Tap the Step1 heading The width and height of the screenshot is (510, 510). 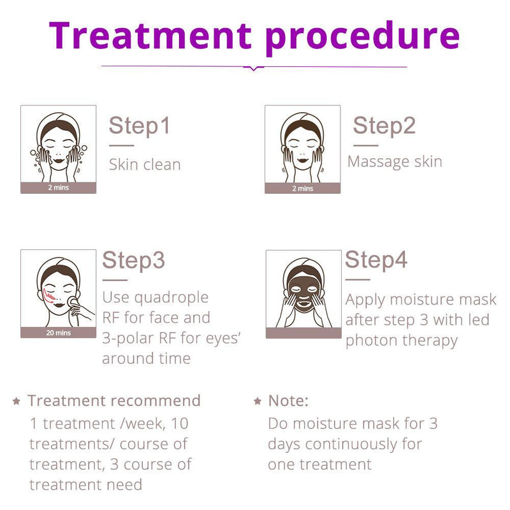tap(139, 126)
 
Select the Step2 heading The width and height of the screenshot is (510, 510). tap(384, 126)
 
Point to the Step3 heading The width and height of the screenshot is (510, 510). tap(133, 260)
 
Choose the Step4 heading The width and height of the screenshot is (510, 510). tap(376, 260)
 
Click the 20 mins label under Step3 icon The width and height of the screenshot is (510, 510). tap(58, 333)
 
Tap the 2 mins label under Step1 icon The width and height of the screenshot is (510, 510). tap(58, 188)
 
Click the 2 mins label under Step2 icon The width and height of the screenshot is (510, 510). tap(302, 188)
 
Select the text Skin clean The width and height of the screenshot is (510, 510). tap(145, 164)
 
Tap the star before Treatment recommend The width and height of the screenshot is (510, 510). tap(17, 402)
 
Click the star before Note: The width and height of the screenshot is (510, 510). tap(258, 402)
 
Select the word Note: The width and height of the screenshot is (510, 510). tap(288, 401)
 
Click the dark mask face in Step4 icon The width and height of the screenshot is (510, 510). tap(303, 289)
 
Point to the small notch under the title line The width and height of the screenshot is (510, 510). tap(254, 68)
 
